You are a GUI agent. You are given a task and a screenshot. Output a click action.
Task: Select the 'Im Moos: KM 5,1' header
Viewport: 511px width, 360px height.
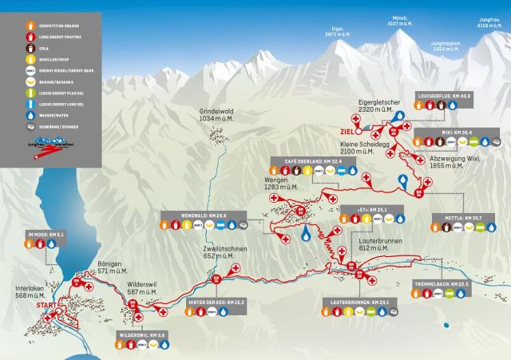tap(46, 235)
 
